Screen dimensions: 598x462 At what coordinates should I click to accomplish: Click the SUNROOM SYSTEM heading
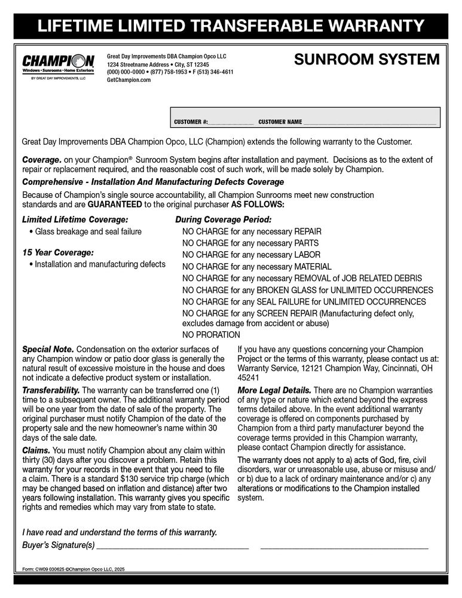click(x=367, y=60)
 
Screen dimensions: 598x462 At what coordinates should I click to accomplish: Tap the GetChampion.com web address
click(x=128, y=80)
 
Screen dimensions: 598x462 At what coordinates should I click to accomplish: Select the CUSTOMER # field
click(x=231, y=122)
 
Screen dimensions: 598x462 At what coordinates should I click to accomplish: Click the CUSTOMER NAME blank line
click(x=369, y=122)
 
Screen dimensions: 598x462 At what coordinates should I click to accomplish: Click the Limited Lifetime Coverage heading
click(x=75, y=219)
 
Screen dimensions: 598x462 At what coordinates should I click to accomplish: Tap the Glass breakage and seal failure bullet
click(x=88, y=231)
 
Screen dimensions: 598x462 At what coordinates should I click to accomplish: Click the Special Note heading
click(x=48, y=349)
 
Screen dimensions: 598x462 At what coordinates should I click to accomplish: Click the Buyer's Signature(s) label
click(x=58, y=545)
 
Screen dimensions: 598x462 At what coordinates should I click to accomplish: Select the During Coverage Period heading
click(x=223, y=219)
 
